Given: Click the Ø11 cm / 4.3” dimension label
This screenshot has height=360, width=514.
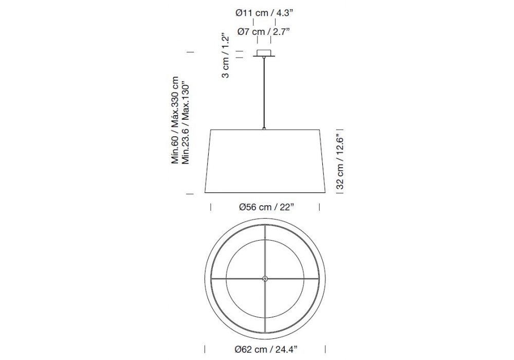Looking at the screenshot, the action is [264, 13].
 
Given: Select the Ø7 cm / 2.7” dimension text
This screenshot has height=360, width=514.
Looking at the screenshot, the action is [264, 32].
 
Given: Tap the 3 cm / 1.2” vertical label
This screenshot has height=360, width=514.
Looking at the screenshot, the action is [226, 56].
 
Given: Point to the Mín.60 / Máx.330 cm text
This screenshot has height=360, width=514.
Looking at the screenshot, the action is [175, 120].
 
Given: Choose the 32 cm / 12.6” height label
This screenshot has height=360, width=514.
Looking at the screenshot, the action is [340, 163].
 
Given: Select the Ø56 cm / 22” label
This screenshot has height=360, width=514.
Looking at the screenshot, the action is [265, 207].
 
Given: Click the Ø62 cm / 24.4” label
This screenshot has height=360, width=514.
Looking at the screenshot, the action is [266, 350].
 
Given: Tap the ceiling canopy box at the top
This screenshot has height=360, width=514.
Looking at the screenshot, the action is [264, 53].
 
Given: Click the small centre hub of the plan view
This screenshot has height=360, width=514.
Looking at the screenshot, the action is [265, 279].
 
